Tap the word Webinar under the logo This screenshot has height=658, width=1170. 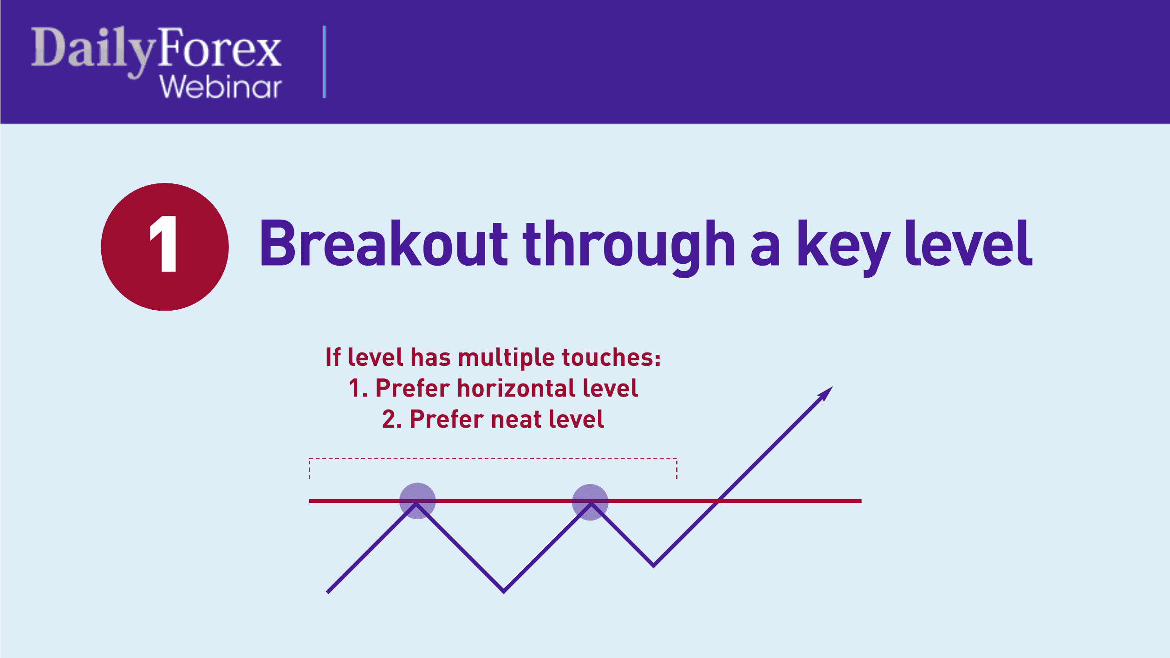(221, 87)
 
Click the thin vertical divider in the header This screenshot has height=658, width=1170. (324, 62)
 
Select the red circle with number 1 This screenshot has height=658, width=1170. (165, 247)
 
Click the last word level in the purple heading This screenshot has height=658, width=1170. (968, 243)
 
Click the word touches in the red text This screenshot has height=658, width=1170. (611, 358)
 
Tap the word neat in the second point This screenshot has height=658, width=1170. (516, 419)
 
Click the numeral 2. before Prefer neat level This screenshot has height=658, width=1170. (391, 419)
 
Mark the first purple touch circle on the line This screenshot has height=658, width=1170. (417, 501)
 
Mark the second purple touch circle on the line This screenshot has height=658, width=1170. (590, 502)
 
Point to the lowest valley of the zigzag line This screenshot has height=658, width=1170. (504, 591)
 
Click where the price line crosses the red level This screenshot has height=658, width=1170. (718, 501)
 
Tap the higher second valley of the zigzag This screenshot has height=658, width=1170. (654, 565)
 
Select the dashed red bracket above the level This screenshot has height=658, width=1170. (493, 459)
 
